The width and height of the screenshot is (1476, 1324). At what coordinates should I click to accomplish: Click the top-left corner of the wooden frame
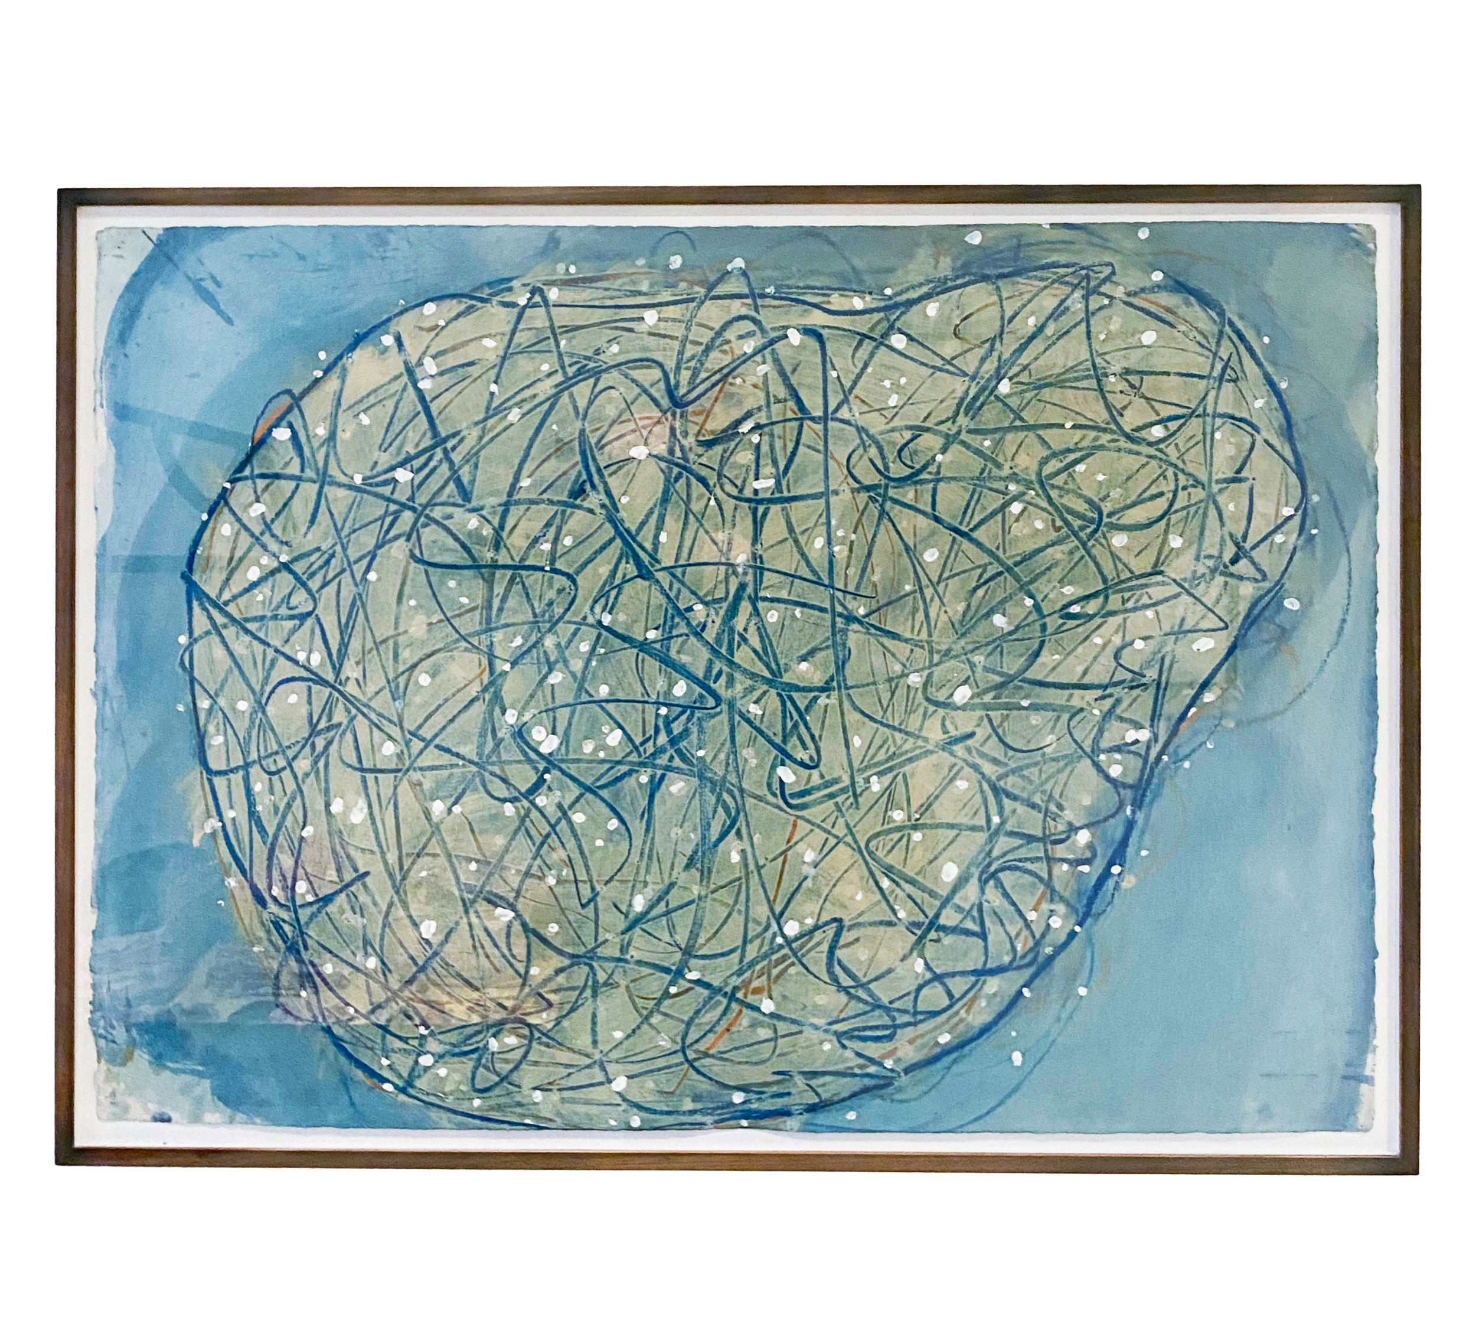[60, 189]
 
